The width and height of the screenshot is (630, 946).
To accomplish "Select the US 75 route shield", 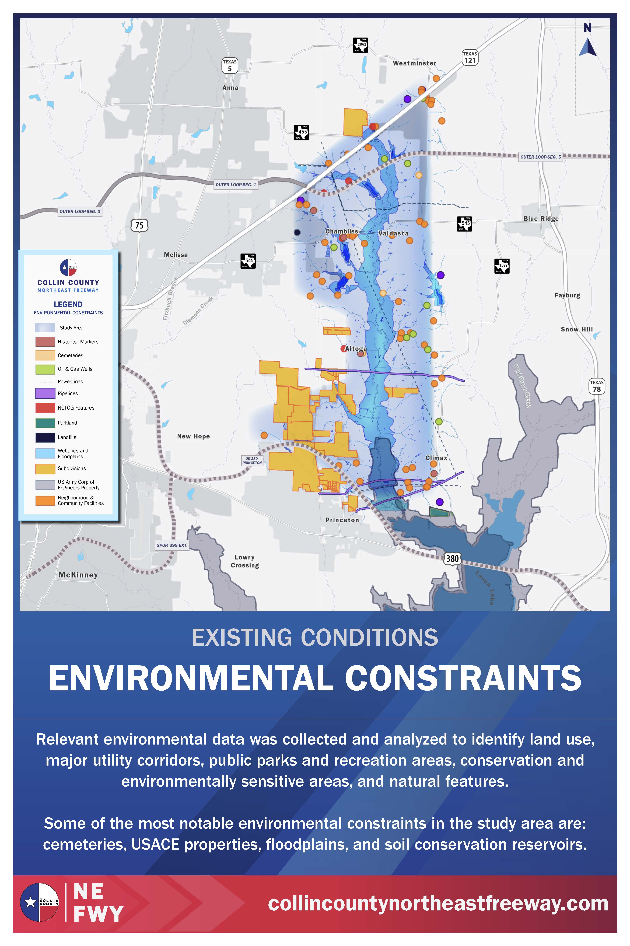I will pos(139,225).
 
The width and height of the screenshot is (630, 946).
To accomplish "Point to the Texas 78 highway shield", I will pos(597,386).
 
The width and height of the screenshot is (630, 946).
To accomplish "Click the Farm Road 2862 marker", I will pos(360,45).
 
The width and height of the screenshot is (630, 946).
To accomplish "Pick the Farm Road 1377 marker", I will pos(502,266).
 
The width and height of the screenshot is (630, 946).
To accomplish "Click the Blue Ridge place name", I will pos(541,219).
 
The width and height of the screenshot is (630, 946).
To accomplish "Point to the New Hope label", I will pos(193,436).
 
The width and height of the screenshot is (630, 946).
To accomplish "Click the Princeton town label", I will pos(342,520).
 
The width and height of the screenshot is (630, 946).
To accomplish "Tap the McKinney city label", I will pos(78,575).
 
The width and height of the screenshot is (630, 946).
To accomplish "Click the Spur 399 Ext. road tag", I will pos(172,545).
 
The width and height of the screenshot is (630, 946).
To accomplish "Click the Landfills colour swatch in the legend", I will pos(45,437).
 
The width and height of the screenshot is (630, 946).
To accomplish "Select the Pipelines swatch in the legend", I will pos(45,393).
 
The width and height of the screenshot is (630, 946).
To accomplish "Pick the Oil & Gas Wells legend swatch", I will pos(45,369).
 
